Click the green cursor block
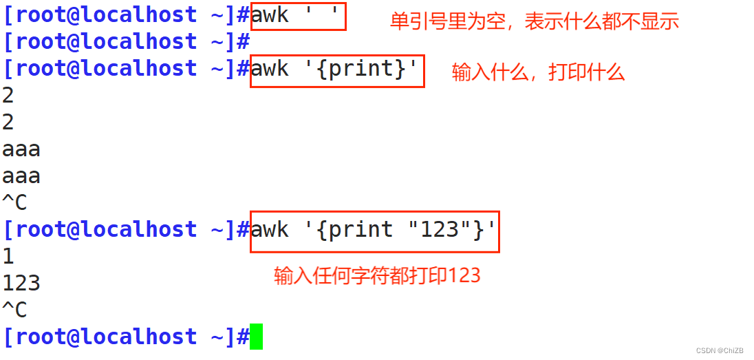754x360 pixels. click(x=256, y=337)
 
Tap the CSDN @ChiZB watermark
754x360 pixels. click(x=720, y=351)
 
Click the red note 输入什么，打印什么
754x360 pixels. click(x=538, y=72)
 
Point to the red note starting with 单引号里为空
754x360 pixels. click(x=534, y=22)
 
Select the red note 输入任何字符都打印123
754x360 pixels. click(x=377, y=276)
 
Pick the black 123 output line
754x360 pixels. click(x=21, y=283)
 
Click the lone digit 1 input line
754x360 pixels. click(x=8, y=256)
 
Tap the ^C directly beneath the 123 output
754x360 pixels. click(x=14, y=310)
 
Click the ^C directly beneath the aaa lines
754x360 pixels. click(x=14, y=202)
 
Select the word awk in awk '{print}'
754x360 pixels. click(x=270, y=69)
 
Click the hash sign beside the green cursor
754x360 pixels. click(x=242, y=337)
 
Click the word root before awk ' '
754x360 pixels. click(x=41, y=15)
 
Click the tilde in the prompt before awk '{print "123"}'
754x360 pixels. click(x=215, y=229)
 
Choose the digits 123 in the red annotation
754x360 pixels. click(x=465, y=276)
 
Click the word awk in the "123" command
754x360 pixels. click(x=270, y=229)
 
